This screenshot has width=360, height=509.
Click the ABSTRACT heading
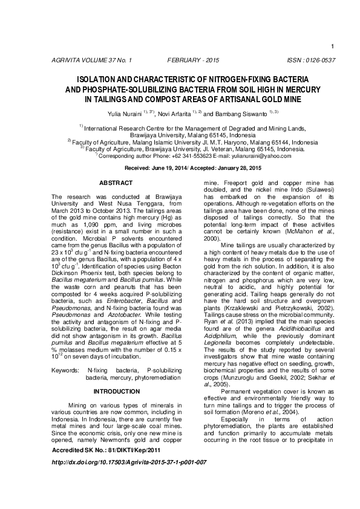[x=116, y=183]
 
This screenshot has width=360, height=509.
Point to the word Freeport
[x=235, y=183]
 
